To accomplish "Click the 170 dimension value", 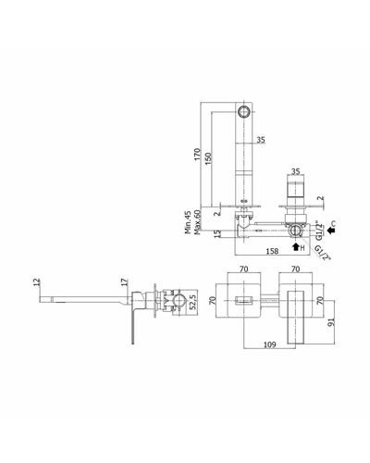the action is pos(197,154).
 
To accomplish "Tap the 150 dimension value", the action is pos(208,158).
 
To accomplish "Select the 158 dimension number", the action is pos(272,251).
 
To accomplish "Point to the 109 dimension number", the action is pos(270,344).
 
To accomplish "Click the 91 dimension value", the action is pos(331,322).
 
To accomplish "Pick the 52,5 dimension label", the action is pos(193,303).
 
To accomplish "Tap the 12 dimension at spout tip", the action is pos(37,282).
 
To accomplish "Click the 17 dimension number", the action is pos(124,282).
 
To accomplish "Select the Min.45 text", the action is pos(188,222).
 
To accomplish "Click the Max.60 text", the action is pos(198,222).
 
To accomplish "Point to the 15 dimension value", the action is pos(217,233).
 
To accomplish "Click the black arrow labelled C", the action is pos(331,230).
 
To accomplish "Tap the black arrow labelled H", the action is pos(296,246).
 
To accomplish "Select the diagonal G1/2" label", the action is pos(323,253).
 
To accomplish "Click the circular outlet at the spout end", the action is pos(244,111).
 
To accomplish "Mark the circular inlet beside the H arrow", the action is pos(295,231).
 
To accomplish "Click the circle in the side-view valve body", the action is pos(179,301).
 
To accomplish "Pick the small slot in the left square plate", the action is pos(244,300).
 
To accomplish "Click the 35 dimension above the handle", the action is pos(295,171).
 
